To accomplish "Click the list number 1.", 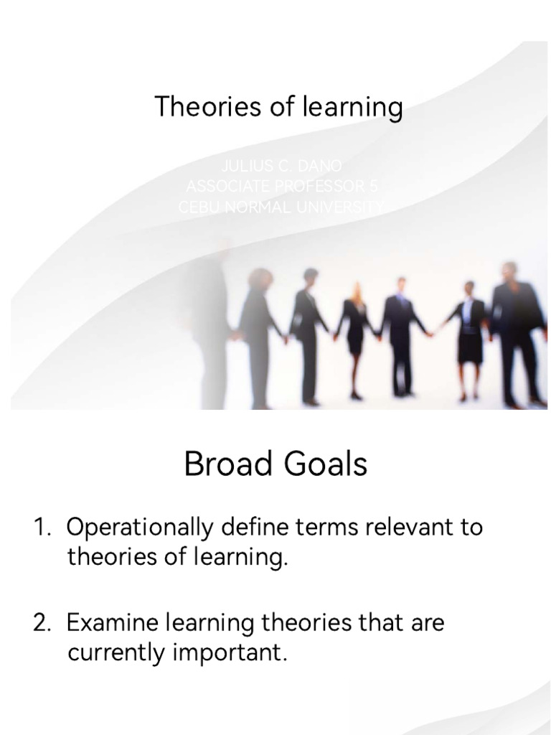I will coord(40,528).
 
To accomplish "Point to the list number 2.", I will coord(41,622).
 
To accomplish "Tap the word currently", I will coord(116,654).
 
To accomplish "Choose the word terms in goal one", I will coord(334,528).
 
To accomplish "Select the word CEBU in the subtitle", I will coord(197,207).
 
